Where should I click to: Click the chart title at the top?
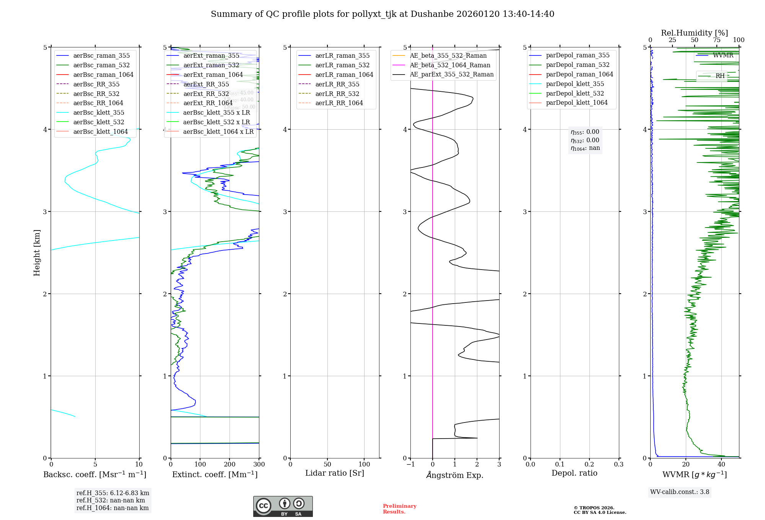tap(382, 14)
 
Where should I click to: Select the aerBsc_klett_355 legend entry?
tap(99, 112)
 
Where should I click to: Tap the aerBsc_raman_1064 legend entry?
tap(103, 75)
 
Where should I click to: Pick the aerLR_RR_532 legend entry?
tap(337, 94)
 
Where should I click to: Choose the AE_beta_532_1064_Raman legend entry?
tap(450, 65)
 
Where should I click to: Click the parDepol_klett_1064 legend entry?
tap(576, 102)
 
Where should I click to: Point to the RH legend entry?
tap(720, 76)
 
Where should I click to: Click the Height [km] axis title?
tap(37, 252)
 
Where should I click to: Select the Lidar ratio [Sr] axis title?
tap(335, 473)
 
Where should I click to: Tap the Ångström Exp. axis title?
tap(455, 475)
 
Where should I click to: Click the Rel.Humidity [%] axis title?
tap(694, 33)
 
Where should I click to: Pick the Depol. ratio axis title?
tap(574, 473)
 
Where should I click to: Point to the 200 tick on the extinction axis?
tap(229, 464)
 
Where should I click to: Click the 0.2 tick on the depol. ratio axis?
tap(589, 464)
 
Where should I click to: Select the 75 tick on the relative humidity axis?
tap(716, 40)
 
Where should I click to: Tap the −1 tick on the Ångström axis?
tap(410, 464)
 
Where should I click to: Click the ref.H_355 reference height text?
tap(112, 493)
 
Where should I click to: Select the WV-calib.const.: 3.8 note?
tap(680, 492)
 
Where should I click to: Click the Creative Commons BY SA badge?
tap(283, 506)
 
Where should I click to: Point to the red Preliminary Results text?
tap(399, 509)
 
